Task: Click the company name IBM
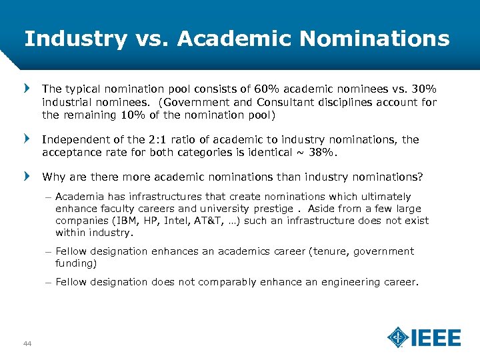click(125, 221)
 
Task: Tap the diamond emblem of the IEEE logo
click(398, 337)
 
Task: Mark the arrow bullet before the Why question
click(27, 177)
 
